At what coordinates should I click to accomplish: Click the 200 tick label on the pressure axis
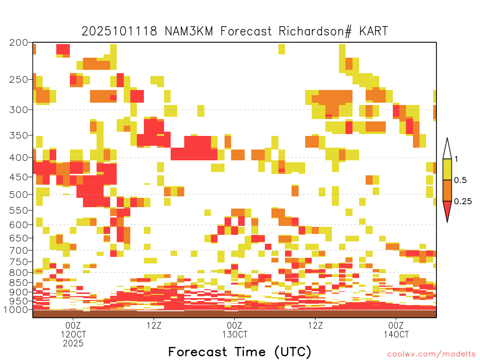pyautogui.click(x=19, y=43)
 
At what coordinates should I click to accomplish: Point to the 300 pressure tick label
pyautogui.click(x=19, y=110)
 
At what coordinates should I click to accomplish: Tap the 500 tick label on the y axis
pyautogui.click(x=19, y=195)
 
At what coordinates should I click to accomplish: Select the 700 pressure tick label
pyautogui.click(x=19, y=250)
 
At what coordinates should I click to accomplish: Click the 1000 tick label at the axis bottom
pyautogui.click(x=16, y=309)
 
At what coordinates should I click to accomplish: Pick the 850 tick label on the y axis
pyautogui.click(x=19, y=283)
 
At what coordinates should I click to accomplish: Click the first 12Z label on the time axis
pyautogui.click(x=154, y=325)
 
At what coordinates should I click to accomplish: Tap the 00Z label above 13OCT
pyautogui.click(x=234, y=325)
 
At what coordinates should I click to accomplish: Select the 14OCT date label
pyautogui.click(x=396, y=334)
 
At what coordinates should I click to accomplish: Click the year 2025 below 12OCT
pyautogui.click(x=73, y=343)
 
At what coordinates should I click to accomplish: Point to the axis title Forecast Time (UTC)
pyautogui.click(x=240, y=352)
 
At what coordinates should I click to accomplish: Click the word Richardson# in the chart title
pyautogui.click(x=315, y=31)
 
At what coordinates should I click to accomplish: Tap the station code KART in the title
pyautogui.click(x=374, y=31)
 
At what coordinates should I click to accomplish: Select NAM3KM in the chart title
pyautogui.click(x=188, y=31)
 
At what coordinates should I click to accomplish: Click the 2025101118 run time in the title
pyautogui.click(x=120, y=31)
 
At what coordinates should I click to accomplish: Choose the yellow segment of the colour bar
pyautogui.click(x=447, y=169)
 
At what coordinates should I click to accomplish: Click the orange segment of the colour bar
pyautogui.click(x=447, y=190)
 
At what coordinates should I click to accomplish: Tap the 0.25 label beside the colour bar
pyautogui.click(x=463, y=202)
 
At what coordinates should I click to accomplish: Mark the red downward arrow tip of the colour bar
pyautogui.click(x=447, y=222)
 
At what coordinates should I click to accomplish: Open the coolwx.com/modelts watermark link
pyautogui.click(x=431, y=354)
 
